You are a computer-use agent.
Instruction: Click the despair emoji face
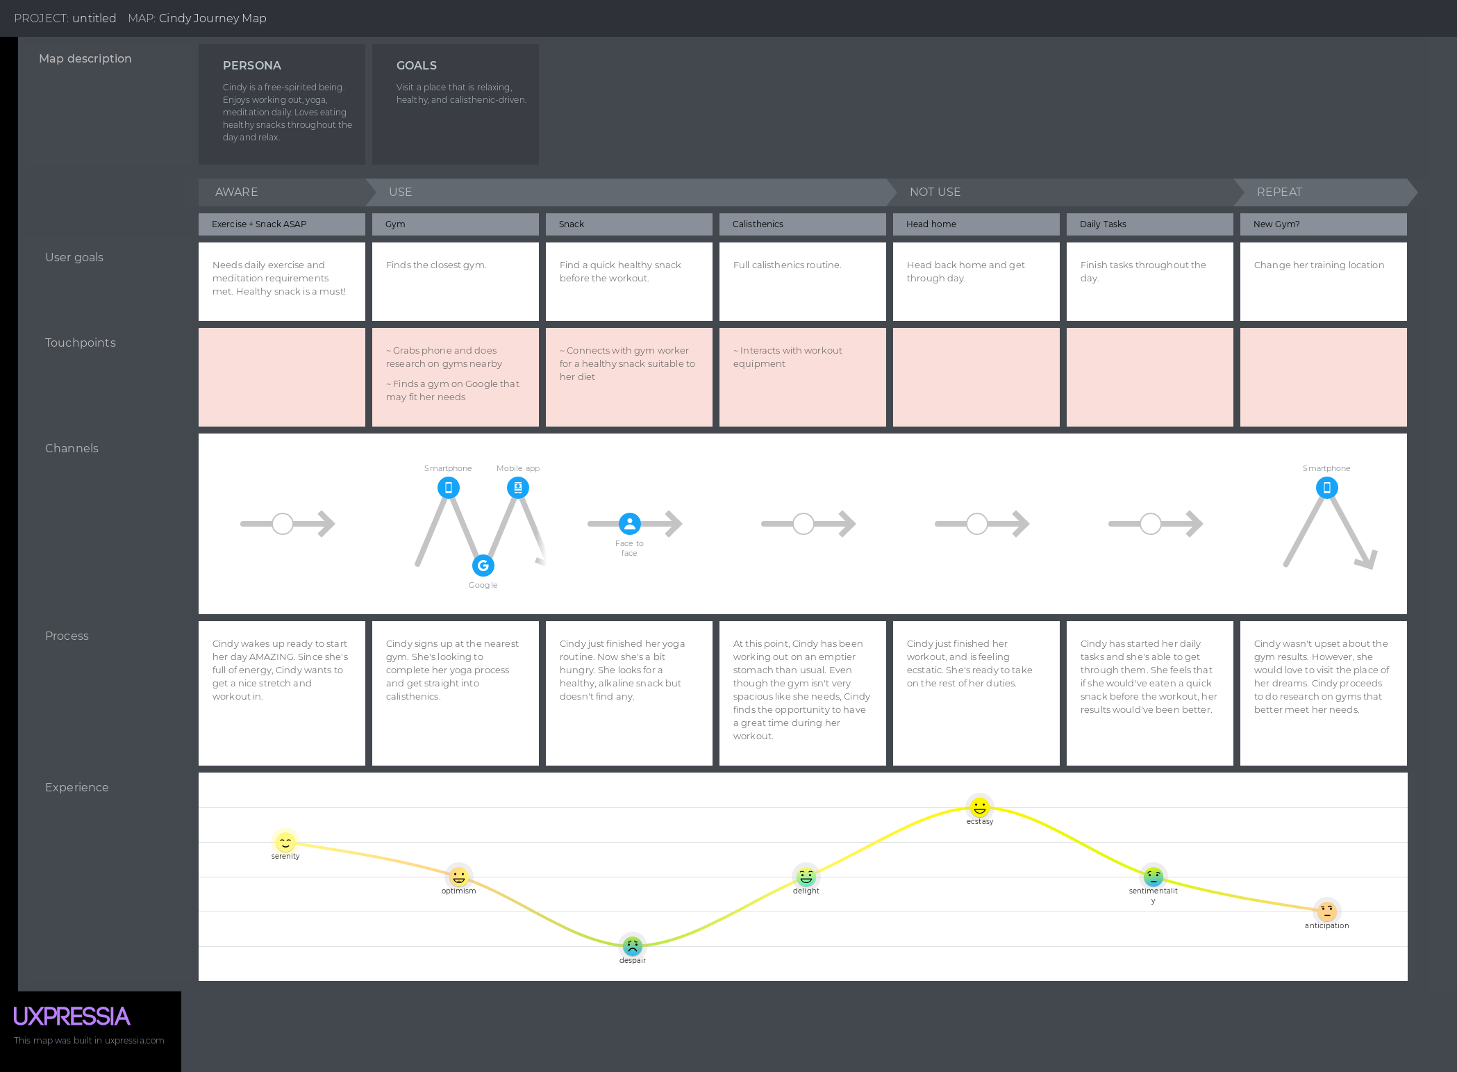pos(632,946)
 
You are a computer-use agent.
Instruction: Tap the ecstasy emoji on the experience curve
pos(979,807)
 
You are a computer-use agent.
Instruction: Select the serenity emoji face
pos(285,841)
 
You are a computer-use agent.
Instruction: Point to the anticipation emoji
pos(1326,911)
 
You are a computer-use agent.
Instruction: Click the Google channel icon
pos(483,566)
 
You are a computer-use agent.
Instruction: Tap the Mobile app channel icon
pos(518,488)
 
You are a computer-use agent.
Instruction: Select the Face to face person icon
pos(629,524)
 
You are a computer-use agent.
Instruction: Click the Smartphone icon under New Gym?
pos(1326,488)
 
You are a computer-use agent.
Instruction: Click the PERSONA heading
pos(252,65)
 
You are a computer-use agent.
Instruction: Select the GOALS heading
pos(417,65)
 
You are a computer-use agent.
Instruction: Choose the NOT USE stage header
pos(935,192)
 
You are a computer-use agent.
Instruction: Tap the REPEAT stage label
pos(1279,192)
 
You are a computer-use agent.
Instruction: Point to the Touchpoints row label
pos(81,343)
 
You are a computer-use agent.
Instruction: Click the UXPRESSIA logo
pos(72,1016)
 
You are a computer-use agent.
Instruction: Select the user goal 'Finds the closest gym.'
pos(436,265)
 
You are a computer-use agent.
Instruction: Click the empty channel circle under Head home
pos(976,524)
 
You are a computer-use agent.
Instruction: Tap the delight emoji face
pos(806,876)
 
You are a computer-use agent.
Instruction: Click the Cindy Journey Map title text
pos(213,18)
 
